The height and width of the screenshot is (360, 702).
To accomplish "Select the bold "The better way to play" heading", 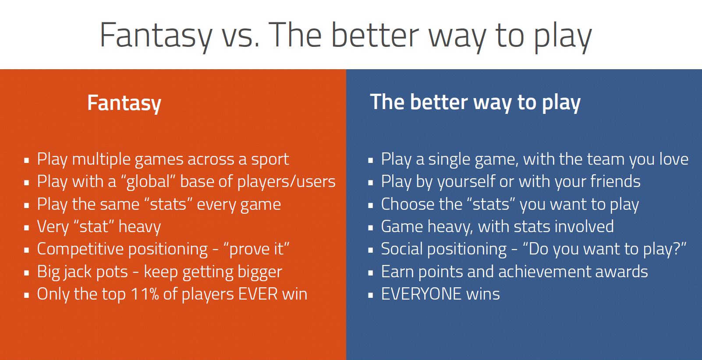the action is click(x=475, y=102).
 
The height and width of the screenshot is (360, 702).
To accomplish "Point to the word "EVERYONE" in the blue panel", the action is click(x=421, y=294).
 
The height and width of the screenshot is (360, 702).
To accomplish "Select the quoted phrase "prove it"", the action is click(x=256, y=249).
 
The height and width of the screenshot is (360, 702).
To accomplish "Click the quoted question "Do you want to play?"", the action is click(x=604, y=249).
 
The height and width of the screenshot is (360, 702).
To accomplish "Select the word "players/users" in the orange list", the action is click(x=286, y=182).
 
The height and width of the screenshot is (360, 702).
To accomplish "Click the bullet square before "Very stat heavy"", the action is click(x=27, y=227).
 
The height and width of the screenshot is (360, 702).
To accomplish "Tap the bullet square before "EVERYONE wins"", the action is click(x=370, y=295).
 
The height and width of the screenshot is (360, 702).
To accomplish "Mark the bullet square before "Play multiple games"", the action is click(x=27, y=160).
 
